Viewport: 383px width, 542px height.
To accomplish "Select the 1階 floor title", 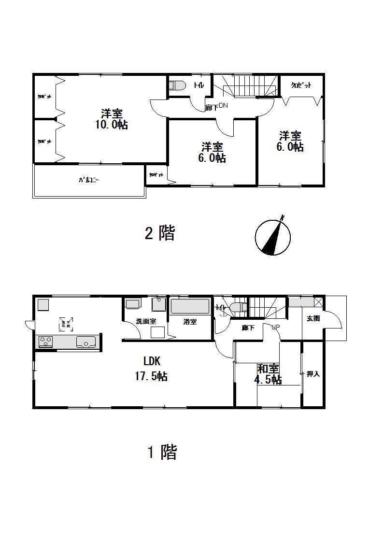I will coord(162,453).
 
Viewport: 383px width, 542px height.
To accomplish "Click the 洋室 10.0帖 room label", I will coord(112,119).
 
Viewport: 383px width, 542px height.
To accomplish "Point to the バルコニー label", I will coord(89,181).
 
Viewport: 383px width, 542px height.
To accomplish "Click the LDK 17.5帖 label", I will coord(151,369).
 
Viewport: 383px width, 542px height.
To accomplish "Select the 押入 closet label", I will coord(313,374).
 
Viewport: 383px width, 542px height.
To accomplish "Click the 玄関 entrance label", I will coord(313,318).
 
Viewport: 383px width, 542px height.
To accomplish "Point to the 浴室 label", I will coord(190,322).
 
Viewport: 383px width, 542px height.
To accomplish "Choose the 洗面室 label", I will coord(145,321).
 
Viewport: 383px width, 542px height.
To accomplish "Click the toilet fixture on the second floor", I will coord(178,86).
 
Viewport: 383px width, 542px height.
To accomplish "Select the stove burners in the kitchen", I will coord(46,342).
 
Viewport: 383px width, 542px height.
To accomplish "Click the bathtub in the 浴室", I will coord(190,307).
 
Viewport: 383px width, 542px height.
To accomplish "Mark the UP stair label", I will coord(276,327).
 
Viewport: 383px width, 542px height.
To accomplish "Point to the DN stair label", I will coord(223,106).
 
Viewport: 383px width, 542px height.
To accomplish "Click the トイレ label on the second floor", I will coord(199,86).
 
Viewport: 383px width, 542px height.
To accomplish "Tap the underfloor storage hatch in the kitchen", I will coord(65,323).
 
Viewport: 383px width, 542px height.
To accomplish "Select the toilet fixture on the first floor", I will coord(239,307).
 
